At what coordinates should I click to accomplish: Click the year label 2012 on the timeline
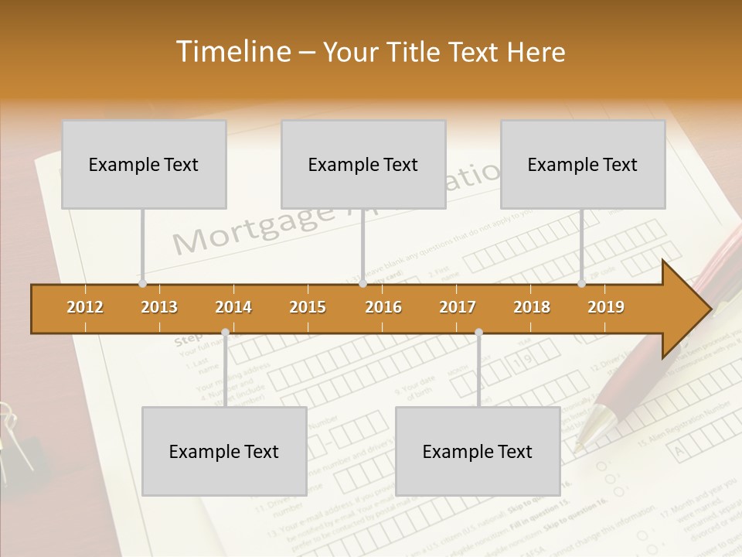85,307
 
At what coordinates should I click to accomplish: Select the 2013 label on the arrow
159,307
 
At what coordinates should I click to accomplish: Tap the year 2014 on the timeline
233,307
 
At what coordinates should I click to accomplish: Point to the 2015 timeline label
308,307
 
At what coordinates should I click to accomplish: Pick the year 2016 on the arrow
383,307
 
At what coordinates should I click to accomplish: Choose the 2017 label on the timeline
458,307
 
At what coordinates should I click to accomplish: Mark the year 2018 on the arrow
532,307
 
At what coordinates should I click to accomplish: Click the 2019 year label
606,307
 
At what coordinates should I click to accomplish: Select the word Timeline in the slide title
231,52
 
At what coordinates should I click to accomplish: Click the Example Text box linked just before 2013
144,165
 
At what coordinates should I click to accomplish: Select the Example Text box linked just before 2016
363,165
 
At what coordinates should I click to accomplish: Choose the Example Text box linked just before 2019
583,165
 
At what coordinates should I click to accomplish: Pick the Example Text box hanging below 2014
224,452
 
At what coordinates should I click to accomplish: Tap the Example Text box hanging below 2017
478,452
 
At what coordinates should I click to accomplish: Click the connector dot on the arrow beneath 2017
478,333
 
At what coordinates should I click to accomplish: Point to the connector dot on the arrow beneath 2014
225,333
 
